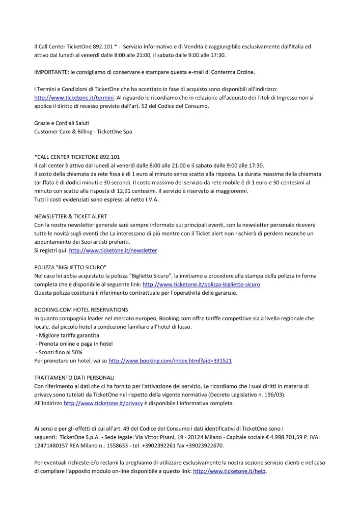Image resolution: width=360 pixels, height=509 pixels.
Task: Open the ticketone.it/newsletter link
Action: click(x=113, y=250)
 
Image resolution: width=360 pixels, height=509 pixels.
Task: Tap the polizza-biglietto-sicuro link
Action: click(x=201, y=284)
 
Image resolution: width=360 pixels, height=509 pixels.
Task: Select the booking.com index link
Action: click(x=170, y=360)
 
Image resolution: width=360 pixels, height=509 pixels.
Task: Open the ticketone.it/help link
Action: click(x=230, y=471)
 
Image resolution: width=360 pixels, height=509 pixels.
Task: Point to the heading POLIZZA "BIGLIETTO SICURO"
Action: click(x=70, y=267)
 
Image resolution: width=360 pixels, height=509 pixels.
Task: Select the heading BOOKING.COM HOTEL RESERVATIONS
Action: click(x=81, y=309)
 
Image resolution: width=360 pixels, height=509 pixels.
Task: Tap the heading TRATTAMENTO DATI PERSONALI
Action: click(x=74, y=378)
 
